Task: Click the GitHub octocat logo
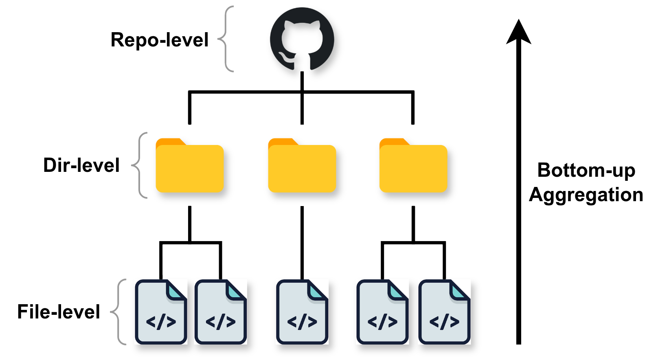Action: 302,39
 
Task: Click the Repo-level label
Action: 159,40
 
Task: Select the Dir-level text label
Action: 81,165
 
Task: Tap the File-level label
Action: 59,312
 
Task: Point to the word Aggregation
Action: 586,195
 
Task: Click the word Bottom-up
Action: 586,170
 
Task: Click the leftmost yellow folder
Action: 190,167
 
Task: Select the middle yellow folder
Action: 302,167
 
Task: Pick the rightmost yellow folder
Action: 413,167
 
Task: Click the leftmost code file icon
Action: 161,312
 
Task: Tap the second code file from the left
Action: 220,312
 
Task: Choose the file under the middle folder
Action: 302,312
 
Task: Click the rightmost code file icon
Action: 444,312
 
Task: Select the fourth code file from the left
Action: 382,312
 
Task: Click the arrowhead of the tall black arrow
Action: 518,33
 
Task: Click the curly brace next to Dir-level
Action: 139,165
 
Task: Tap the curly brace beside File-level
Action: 118,312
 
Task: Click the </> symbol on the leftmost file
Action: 161,322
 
